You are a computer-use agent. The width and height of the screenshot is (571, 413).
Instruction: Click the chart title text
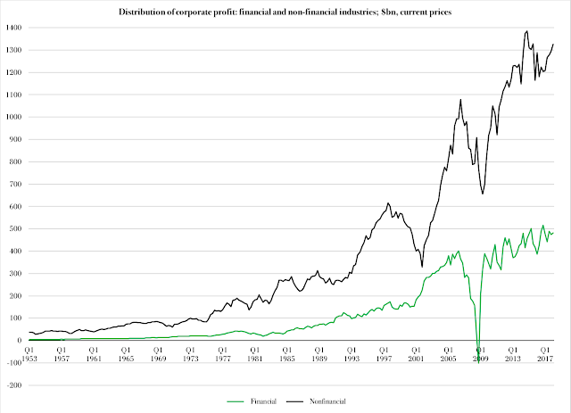[285, 12]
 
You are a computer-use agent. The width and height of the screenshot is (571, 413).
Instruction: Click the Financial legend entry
[252, 401]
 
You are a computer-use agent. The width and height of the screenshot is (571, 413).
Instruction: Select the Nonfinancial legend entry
[316, 401]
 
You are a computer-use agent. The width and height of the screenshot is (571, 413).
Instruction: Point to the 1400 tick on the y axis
[14, 28]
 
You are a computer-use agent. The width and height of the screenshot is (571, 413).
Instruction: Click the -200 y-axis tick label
[14, 385]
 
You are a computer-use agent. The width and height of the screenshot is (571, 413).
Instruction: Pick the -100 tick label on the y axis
[14, 363]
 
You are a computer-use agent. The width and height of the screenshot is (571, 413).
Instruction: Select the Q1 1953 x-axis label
[29, 354]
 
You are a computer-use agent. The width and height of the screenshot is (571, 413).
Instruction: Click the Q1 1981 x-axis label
[254, 354]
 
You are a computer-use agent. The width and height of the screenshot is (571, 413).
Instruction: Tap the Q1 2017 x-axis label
[545, 354]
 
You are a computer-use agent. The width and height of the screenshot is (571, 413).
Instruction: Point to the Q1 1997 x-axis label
[384, 354]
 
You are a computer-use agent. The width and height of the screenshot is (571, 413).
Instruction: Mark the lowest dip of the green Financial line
[478, 363]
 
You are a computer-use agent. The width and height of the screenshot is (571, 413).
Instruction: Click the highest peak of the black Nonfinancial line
[527, 31]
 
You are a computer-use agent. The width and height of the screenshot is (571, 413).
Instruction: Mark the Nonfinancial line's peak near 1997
[388, 202]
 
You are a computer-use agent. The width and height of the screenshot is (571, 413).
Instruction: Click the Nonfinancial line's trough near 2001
[422, 267]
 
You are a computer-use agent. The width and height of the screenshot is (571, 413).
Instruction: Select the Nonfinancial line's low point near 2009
[483, 194]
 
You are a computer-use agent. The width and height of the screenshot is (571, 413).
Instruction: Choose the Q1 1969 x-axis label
[158, 354]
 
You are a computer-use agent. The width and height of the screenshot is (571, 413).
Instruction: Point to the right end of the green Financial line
[553, 233]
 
